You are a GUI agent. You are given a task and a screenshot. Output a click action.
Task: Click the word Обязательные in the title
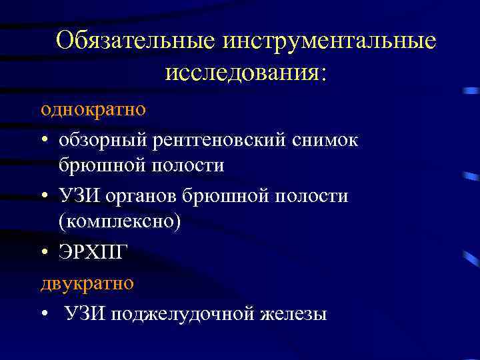coord(137,41)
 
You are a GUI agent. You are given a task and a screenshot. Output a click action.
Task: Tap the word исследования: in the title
coord(246,72)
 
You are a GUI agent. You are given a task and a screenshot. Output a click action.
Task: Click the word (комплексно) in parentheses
coord(119,221)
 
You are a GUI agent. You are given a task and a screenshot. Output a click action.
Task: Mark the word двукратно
coord(87,282)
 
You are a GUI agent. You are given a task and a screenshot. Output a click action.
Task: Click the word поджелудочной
coord(188,313)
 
